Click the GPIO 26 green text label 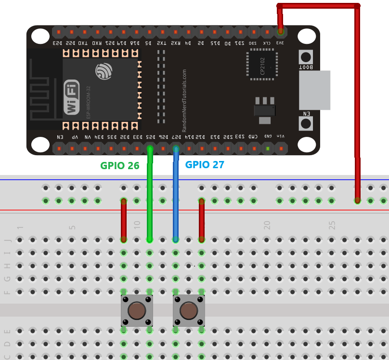pos(120,166)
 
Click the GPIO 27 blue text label pos(205,165)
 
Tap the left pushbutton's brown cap pos(137,310)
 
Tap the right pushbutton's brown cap pos(189,310)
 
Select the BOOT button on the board pos(306,57)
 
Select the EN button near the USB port pos(306,123)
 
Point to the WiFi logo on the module pos(72,97)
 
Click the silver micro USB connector pos(315,90)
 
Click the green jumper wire pos(150,202)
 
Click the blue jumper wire pos(176,202)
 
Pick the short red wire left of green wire pos(124,219)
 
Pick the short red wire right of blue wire pos(202,219)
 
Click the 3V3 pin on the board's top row pos(280,32)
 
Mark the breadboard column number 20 pos(267,225)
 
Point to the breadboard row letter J pos(7,240)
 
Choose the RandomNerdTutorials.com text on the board pos(184,100)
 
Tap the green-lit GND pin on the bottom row pos(267,148)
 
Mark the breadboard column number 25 pos(332,225)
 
